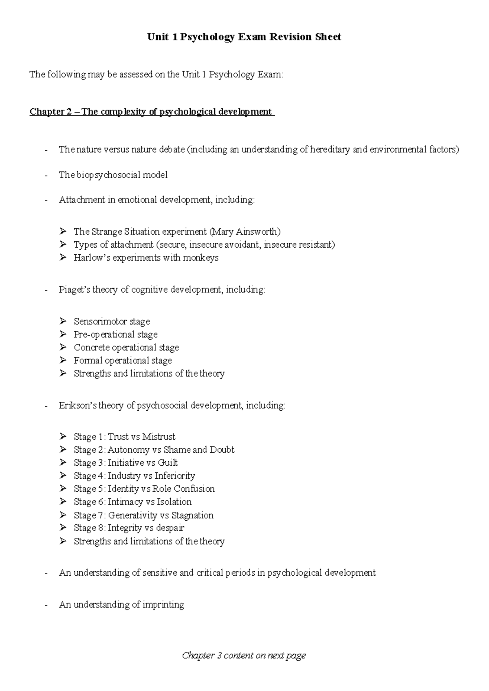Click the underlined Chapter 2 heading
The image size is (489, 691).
click(x=152, y=112)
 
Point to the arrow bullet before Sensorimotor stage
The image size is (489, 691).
click(x=63, y=321)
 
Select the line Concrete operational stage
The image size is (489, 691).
click(x=126, y=348)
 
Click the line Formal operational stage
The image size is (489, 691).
click(x=122, y=361)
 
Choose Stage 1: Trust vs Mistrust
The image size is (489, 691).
click(x=124, y=437)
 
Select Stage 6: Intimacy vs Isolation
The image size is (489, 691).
click(x=132, y=502)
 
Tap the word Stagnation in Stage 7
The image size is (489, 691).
click(x=192, y=515)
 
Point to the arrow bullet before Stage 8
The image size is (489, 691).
click(x=63, y=528)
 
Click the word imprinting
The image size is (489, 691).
click(x=163, y=605)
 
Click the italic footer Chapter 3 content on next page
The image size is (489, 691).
click(x=244, y=656)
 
